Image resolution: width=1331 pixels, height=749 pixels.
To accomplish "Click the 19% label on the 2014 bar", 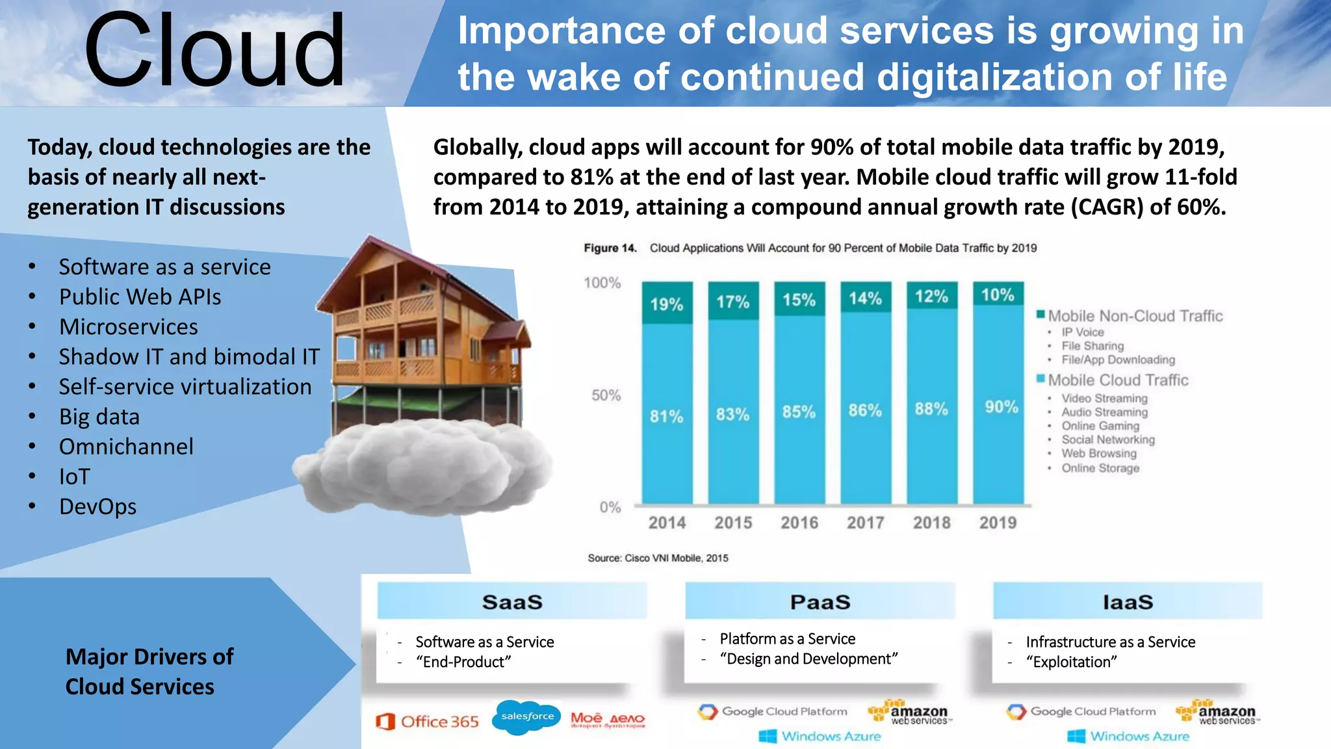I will click(x=667, y=304).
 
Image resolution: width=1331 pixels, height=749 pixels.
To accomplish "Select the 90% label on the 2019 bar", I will click(x=1001, y=407).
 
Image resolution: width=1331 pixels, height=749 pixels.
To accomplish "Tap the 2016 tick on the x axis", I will click(x=799, y=523).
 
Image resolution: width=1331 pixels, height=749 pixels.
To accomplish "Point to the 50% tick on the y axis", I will click(x=606, y=395).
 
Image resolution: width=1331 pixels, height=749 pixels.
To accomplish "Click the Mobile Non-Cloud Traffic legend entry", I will click(x=1134, y=316).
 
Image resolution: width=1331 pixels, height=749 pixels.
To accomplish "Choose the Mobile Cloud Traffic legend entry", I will click(x=1117, y=380).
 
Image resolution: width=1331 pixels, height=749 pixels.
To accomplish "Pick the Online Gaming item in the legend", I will click(x=1100, y=426).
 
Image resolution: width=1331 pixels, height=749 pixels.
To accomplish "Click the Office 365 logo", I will click(x=428, y=721).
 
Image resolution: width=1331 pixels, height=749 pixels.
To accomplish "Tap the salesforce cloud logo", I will click(x=527, y=716).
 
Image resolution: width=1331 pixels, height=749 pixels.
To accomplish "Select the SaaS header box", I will click(x=512, y=601).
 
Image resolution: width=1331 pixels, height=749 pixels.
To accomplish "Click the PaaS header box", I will click(x=820, y=601).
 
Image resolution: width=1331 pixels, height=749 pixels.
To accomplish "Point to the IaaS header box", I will click(x=1128, y=601).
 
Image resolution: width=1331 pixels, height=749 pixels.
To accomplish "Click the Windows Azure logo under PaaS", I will click(x=820, y=736).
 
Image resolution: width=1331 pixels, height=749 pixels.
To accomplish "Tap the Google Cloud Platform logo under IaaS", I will click(x=1081, y=711).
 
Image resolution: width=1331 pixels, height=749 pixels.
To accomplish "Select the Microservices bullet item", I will click(x=128, y=326).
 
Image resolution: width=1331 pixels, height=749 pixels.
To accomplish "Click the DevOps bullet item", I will click(x=97, y=506).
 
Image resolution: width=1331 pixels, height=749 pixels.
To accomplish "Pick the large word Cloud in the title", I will click(x=214, y=51).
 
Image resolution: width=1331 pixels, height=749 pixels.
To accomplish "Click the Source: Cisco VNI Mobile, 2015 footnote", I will click(x=658, y=558).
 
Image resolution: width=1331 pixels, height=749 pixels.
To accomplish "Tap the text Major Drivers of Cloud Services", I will click(x=149, y=671).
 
